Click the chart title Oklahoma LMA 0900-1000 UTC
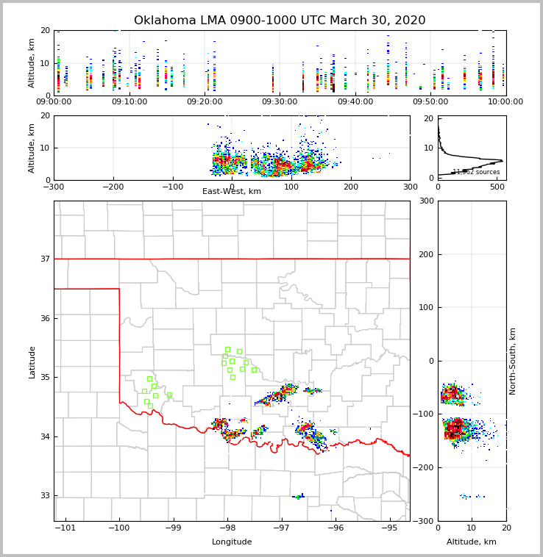[280, 21]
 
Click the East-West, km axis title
[232, 192]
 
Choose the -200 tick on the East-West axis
[113, 186]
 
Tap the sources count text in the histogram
[476, 172]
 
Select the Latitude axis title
[32, 362]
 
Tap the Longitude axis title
[232, 542]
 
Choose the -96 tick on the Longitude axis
[336, 528]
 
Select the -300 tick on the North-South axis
[447, 521]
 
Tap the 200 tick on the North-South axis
[446, 254]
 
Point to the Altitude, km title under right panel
[472, 542]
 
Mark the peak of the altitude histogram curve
[502, 160]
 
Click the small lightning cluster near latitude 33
[299, 497]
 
